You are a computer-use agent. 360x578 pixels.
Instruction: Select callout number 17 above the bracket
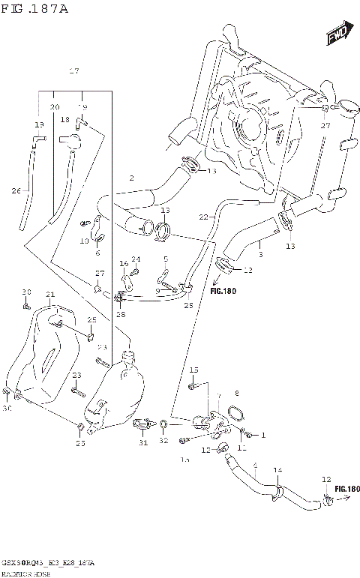coord(73,71)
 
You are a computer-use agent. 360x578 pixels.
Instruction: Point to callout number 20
coord(54,107)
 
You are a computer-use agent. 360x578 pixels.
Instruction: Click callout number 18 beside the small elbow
coord(65,120)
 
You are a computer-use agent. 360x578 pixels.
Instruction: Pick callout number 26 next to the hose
coord(16,190)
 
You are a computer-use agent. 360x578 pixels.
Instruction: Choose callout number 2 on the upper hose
coord(131,178)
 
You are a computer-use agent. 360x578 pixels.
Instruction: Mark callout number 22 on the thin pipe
coord(202,217)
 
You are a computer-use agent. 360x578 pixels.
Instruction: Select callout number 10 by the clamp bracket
coord(84,241)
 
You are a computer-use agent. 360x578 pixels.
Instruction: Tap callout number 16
coord(124,264)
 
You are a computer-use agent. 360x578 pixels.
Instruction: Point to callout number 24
coord(136,259)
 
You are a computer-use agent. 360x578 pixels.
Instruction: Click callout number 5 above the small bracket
coord(166,259)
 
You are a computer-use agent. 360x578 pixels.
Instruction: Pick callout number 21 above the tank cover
coord(50,294)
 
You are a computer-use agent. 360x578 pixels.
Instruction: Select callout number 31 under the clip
coord(142,443)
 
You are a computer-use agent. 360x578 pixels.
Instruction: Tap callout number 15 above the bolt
coord(193,370)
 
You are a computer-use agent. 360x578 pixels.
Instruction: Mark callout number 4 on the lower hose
coord(255,466)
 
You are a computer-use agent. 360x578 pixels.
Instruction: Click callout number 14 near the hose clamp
coord(277,470)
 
